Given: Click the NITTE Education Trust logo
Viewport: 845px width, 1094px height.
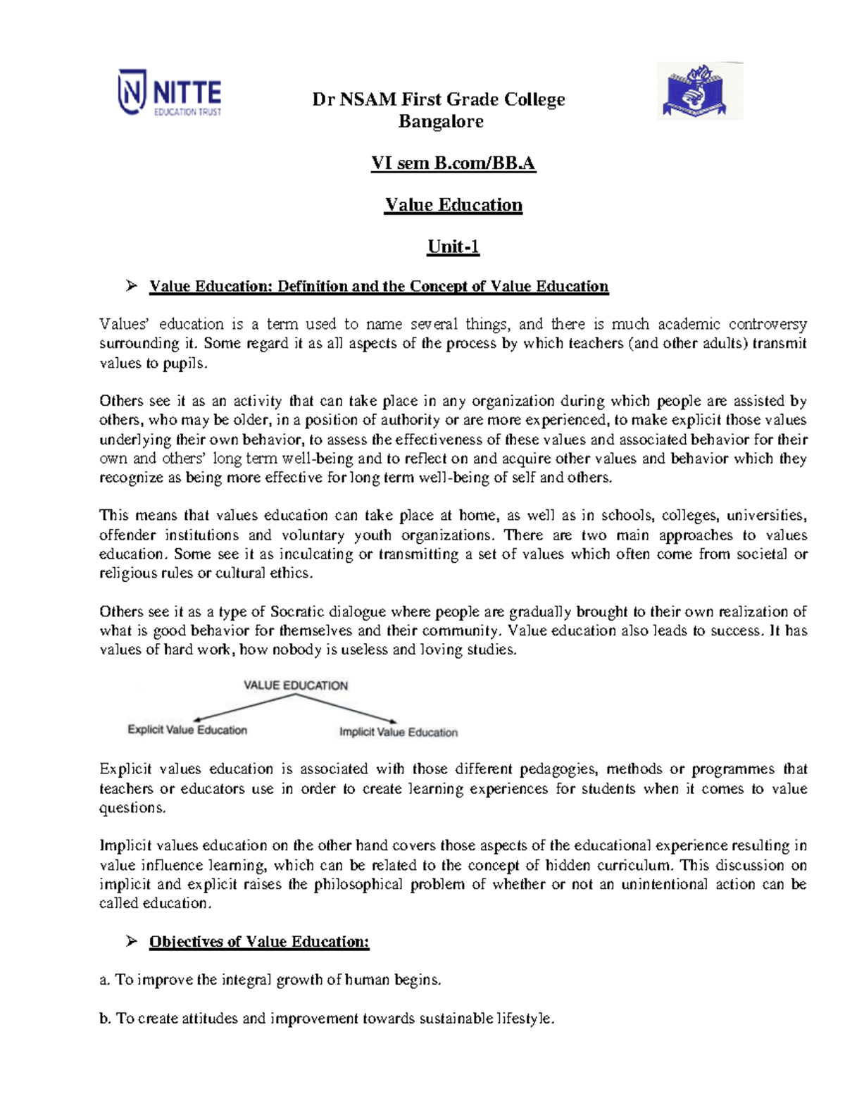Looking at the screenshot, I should (170, 93).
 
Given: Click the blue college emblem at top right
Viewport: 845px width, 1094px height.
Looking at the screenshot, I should (699, 91).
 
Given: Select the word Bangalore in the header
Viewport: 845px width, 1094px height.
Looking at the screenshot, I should (441, 121).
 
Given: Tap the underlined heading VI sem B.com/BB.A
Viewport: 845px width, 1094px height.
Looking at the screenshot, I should (453, 163).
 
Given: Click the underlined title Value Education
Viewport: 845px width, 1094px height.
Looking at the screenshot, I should (453, 205).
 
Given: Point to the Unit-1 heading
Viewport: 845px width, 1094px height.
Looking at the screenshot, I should (453, 247).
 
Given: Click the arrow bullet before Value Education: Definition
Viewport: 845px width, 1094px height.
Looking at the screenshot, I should (131, 286).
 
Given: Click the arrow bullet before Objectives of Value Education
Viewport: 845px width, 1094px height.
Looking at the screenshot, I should (131, 941).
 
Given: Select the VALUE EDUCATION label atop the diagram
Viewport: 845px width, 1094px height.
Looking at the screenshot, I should (296, 685).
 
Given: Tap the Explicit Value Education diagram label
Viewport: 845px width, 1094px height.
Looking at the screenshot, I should (187, 730).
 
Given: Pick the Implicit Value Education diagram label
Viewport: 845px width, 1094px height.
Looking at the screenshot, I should (399, 733).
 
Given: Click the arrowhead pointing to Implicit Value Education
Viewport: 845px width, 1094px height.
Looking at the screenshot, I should (393, 721).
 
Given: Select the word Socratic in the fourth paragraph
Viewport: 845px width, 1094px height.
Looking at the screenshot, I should (297, 611).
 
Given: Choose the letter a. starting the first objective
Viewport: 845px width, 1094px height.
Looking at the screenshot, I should (105, 980).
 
